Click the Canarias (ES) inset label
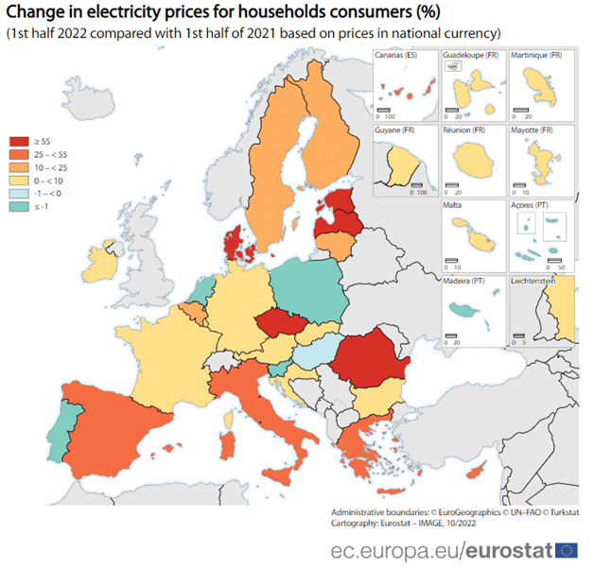pos(396,56)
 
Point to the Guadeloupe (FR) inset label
pos(470,56)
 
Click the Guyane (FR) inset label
pos(395,129)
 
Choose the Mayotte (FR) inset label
pos(533,129)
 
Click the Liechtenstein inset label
pos(539,280)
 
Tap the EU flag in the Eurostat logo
pos(568,550)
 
